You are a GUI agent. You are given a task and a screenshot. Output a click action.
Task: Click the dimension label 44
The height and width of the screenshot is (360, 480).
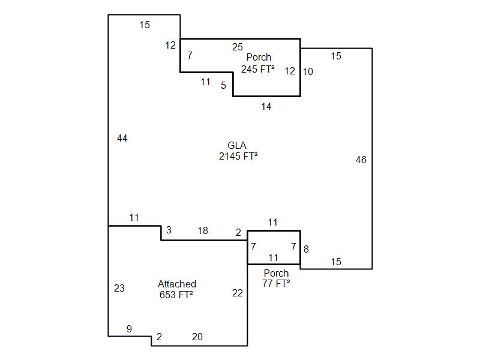122,139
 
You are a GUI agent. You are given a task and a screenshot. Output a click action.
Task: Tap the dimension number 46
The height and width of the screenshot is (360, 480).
361,160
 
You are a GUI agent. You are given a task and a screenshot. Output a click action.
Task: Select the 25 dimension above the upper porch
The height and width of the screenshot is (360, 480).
238,47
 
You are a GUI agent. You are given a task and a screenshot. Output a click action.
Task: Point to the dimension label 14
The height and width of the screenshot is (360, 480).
266,107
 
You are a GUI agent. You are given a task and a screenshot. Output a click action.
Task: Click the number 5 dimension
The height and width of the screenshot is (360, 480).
223,86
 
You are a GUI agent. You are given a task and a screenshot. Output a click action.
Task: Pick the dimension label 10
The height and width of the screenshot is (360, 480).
308,71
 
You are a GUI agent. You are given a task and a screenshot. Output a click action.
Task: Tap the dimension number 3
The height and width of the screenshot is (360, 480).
169,230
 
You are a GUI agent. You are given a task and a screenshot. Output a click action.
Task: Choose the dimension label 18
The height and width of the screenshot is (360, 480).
203,230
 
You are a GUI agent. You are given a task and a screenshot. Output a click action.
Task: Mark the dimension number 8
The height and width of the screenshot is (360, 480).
306,250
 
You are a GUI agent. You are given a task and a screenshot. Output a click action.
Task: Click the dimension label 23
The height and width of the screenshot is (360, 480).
119,289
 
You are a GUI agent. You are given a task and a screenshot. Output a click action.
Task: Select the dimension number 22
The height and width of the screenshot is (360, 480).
238,293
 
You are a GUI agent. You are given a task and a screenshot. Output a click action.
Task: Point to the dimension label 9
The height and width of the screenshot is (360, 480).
129,329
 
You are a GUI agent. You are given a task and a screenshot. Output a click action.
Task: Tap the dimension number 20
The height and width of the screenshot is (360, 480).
197,337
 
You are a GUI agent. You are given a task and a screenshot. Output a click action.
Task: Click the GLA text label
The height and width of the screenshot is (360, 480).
238,146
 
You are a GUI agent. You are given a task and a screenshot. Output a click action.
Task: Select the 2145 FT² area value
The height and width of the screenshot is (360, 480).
238,157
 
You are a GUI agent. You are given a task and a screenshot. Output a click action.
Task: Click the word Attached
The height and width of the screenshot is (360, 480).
177,284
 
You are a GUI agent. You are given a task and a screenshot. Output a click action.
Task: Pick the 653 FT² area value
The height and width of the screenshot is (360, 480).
176,295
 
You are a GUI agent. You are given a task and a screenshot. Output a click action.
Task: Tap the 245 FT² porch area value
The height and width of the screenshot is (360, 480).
258,69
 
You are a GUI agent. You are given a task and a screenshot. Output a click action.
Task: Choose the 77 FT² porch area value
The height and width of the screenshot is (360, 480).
276,284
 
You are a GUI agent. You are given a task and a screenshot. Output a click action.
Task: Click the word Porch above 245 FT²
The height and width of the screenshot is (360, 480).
259,58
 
